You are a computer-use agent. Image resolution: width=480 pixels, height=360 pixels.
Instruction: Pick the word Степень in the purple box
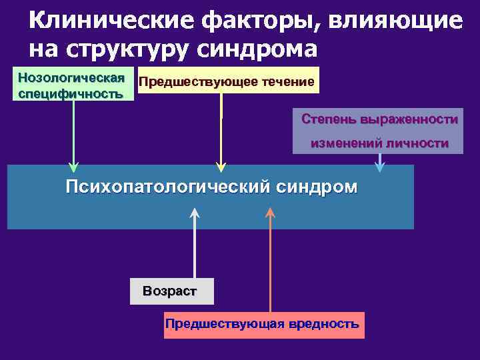coord(329,119)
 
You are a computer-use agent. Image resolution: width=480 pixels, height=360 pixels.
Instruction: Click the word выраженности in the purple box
coord(409,119)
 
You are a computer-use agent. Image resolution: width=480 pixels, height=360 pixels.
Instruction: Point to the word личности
coord(417,143)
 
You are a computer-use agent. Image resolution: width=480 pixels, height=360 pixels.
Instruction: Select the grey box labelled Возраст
coord(171,291)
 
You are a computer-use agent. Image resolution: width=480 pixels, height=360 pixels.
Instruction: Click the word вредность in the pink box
coord(324,324)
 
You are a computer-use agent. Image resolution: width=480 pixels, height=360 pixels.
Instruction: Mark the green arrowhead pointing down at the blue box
coord(73,167)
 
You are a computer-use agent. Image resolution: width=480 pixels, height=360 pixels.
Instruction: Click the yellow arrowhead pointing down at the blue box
coord(221,167)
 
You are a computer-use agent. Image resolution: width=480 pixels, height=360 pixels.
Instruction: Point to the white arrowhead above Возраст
coord(195,213)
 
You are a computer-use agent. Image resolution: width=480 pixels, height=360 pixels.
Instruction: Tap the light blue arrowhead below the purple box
coord(380,167)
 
